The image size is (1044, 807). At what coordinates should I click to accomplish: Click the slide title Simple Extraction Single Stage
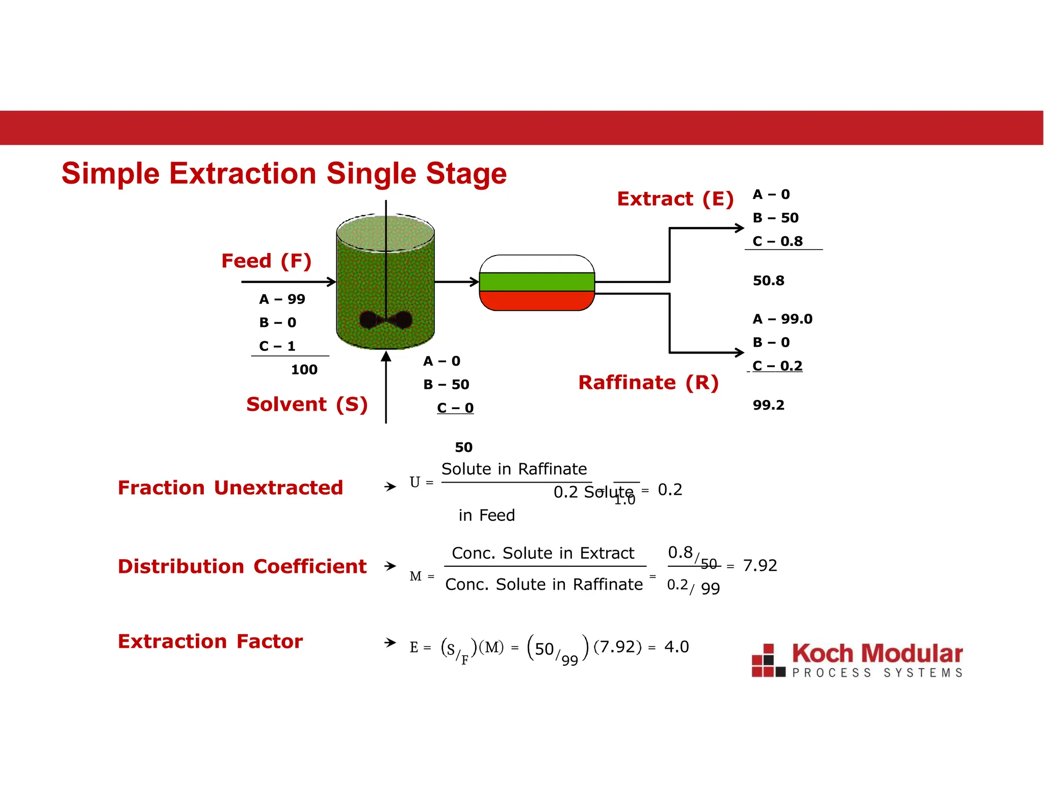284,173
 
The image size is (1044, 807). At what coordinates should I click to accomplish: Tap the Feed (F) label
266,261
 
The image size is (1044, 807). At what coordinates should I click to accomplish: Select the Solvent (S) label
307,405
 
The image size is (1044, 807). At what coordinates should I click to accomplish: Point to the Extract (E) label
675,199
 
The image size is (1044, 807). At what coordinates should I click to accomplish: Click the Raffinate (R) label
648,383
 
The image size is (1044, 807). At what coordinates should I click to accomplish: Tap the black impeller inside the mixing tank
386,320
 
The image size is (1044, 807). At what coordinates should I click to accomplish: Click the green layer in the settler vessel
537,282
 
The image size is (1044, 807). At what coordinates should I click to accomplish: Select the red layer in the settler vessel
537,300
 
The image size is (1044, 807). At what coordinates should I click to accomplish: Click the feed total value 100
304,370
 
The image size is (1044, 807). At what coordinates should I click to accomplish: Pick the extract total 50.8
768,281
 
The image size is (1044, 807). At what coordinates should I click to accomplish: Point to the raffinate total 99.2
768,406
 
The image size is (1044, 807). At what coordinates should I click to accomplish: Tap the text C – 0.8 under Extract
777,241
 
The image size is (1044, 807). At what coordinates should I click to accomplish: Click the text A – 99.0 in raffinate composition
782,319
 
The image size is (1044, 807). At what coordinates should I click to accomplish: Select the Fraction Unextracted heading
230,488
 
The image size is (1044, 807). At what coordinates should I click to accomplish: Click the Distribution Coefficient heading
242,567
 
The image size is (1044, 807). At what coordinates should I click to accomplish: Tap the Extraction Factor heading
210,642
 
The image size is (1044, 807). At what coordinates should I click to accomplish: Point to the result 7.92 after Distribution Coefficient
760,566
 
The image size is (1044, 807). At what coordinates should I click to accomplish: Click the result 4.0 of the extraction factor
676,647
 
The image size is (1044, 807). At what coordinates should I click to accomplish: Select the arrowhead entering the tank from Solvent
386,356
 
